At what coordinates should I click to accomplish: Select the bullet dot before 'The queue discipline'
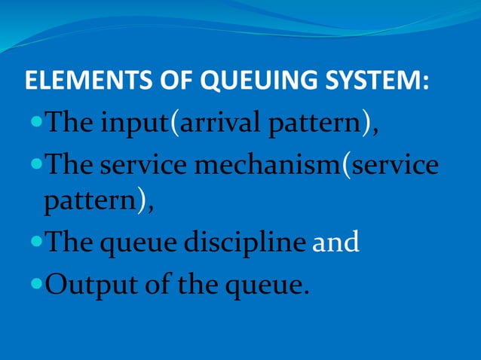(38, 245)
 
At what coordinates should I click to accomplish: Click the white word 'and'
(335, 245)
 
